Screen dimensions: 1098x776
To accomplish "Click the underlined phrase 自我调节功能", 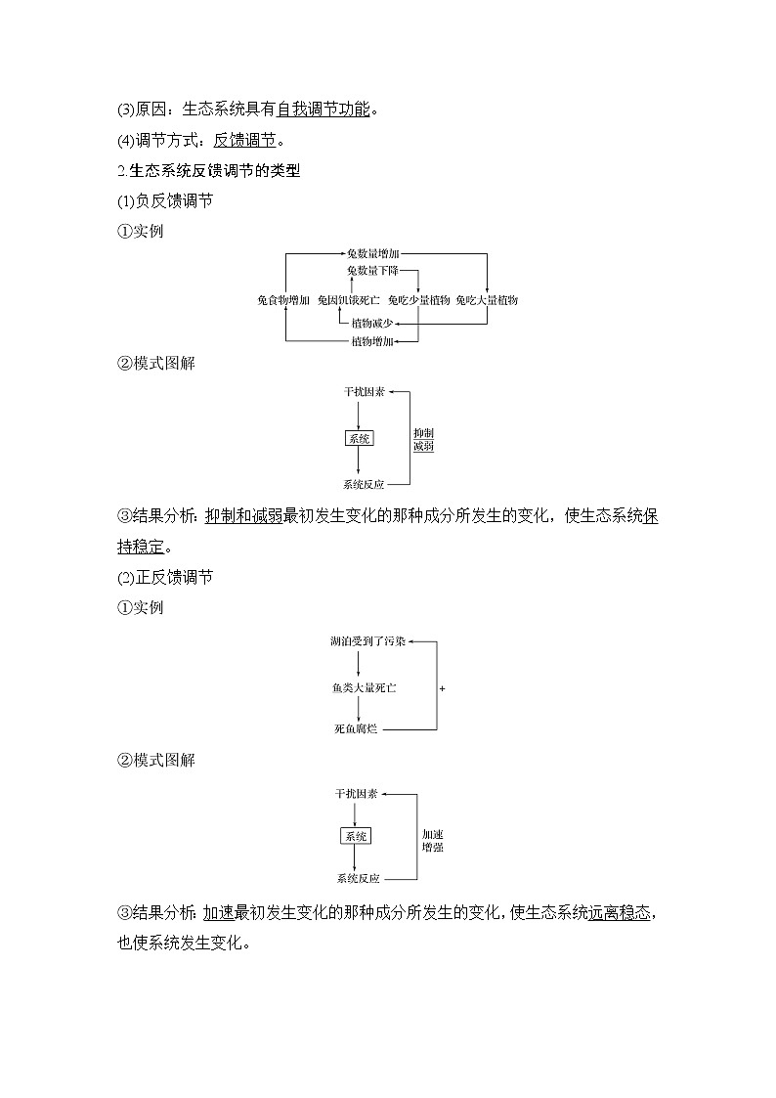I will point(323,109).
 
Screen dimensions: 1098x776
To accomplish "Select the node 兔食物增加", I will point(283,300).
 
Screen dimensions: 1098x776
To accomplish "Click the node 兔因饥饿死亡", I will point(349,300).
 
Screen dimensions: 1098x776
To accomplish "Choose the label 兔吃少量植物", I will point(418,300).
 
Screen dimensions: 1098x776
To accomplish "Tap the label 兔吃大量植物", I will point(487,300).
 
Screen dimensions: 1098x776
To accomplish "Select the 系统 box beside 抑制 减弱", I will point(359,439).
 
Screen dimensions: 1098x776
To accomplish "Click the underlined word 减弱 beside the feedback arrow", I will point(423,446).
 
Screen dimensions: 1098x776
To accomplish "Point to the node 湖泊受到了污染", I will point(366,642).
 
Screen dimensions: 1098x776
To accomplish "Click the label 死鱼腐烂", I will point(356,729).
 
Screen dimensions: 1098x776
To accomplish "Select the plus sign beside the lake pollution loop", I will point(443,688).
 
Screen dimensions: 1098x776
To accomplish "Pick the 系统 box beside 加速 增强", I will point(355,836).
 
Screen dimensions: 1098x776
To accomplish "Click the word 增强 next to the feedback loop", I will point(433,847).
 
